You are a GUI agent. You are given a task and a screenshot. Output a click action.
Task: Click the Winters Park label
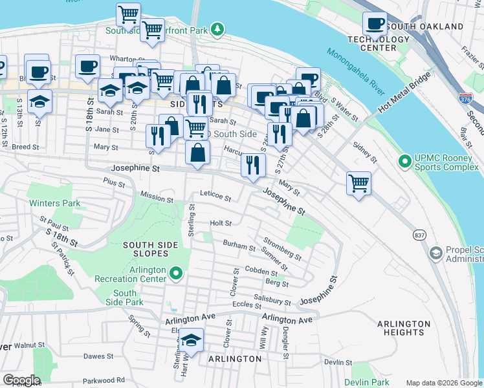54,203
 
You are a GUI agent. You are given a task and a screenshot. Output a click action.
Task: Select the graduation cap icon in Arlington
192,339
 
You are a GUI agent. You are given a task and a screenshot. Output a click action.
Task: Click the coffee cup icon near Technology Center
374,24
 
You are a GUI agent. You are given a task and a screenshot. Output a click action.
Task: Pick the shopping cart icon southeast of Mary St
358,182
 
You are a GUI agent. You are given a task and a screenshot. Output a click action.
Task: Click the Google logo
21,380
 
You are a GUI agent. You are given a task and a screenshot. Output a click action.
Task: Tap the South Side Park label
125,297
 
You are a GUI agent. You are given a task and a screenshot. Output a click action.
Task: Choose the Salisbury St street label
272,300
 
